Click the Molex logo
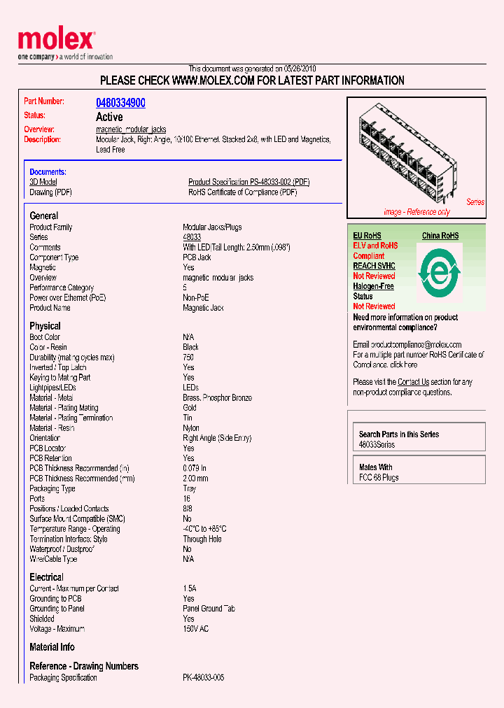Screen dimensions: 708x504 pos(56,41)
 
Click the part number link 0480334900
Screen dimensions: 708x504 pos(120,103)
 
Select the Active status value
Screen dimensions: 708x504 pos(109,117)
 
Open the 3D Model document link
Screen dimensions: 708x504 pos(43,182)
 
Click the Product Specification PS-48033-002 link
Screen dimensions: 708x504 pos(248,182)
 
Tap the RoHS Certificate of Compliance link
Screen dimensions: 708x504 pos(242,192)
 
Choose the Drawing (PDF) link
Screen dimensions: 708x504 pos(50,192)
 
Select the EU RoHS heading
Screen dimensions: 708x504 pos(367,236)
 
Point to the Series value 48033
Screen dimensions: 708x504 pos(192,237)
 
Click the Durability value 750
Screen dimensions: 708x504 pos(188,357)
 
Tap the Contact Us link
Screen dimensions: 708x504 pos(413,382)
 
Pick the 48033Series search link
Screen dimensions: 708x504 pos(377,445)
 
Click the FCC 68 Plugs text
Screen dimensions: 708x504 pos(379,477)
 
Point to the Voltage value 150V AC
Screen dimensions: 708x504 pos(195,629)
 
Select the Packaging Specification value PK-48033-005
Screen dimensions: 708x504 pos(203,678)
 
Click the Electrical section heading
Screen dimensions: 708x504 pos(46,577)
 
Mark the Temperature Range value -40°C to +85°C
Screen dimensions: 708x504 pos(204,529)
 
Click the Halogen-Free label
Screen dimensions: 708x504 pos(373,286)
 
